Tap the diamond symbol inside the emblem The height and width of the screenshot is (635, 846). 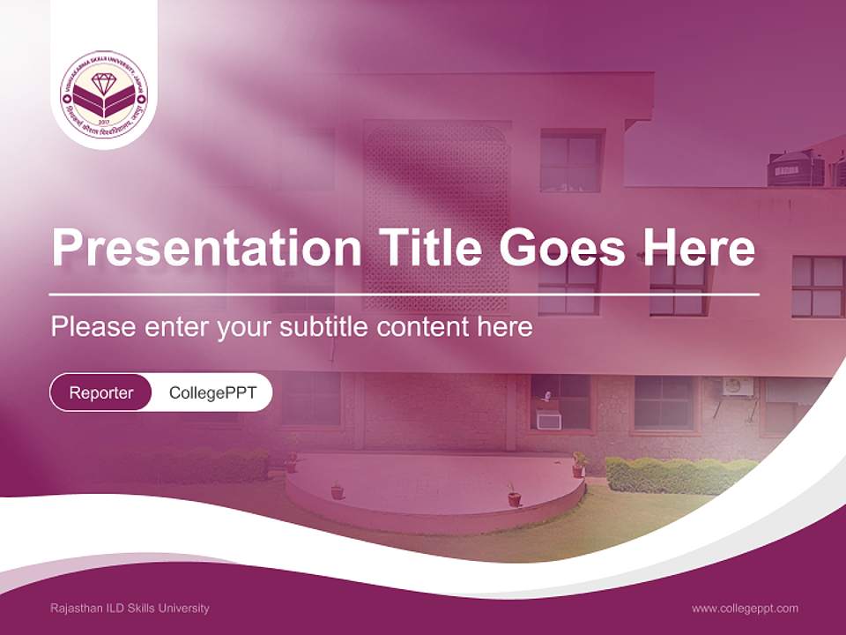104,85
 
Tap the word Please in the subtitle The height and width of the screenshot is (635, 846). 93,327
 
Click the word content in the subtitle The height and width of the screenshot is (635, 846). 422,327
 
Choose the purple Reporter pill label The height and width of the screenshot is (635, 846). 101,392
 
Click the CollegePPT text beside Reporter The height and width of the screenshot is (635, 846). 212,392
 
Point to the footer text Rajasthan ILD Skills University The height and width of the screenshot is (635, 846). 130,608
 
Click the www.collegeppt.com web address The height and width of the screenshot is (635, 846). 745,608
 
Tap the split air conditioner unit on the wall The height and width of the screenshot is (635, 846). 738,386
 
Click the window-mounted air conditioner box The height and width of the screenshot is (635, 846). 549,421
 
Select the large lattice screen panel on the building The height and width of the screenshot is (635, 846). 437,216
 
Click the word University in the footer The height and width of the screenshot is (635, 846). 185,608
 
